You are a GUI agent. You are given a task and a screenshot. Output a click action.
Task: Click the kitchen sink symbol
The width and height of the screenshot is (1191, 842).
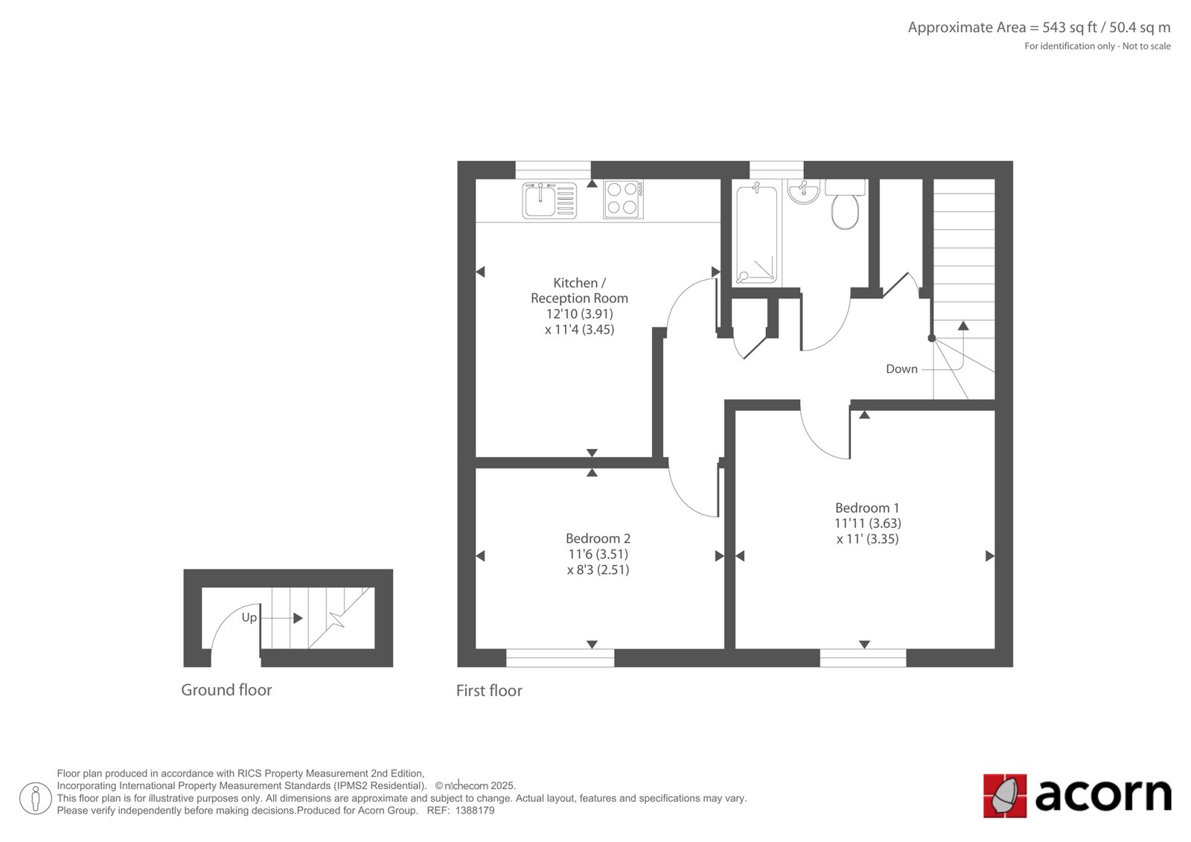tap(549, 200)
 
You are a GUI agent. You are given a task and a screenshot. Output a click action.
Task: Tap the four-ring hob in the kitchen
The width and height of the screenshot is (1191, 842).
tap(623, 200)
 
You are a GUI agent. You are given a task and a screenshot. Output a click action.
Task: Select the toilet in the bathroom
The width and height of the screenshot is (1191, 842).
tap(845, 204)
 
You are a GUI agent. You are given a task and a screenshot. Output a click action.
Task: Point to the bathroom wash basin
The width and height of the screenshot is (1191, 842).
tap(803, 191)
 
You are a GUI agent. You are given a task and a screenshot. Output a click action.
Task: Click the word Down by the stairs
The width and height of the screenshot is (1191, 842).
tap(901, 369)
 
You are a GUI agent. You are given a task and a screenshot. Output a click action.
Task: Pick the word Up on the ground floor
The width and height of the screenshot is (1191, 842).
tap(249, 617)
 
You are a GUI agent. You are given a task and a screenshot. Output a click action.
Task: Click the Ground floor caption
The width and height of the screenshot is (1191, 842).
tap(226, 690)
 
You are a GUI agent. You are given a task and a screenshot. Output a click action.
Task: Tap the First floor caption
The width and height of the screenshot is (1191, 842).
tap(489, 691)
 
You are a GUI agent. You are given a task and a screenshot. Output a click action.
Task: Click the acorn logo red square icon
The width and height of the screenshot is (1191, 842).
tap(1005, 796)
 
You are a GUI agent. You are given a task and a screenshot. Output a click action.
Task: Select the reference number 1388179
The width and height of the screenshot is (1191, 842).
tap(474, 811)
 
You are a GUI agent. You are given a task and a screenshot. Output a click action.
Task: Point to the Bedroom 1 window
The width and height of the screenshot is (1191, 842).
tap(863, 658)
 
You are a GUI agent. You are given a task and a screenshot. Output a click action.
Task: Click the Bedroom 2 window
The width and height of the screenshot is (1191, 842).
tap(560, 658)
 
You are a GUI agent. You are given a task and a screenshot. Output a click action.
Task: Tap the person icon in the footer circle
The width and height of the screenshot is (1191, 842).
tap(36, 798)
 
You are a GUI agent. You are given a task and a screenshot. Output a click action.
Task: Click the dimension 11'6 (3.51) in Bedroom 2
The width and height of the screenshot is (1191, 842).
tap(598, 554)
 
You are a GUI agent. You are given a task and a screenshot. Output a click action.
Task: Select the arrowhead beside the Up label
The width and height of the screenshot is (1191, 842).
tap(298, 618)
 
